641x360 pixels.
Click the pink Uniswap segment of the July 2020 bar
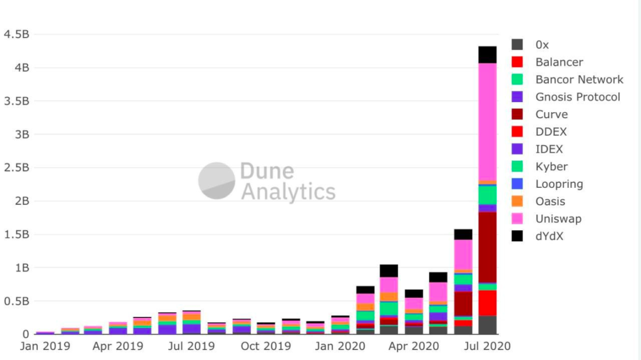coord(487,122)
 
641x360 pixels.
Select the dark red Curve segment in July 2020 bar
coord(487,247)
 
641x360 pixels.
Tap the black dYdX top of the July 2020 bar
coord(487,54)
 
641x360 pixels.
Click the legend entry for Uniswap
coord(558,219)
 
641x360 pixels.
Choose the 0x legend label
coord(542,44)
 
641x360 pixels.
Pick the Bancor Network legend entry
coord(579,80)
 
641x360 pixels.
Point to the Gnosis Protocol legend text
coord(578,97)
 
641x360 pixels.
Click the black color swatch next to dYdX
coord(517,236)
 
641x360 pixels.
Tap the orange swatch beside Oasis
coord(517,201)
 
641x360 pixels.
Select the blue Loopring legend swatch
coord(517,184)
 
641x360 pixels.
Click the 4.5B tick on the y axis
coord(16,34)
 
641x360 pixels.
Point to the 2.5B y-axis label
coord(16,168)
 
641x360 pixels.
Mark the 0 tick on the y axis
coord(25,334)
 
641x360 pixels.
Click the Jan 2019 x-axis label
coord(45,346)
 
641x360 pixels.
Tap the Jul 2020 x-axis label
coord(487,346)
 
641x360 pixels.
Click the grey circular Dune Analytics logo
coord(217,180)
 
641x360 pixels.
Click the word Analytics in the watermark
coord(288,191)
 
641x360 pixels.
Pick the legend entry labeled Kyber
coord(551,167)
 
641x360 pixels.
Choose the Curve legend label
coord(551,115)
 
